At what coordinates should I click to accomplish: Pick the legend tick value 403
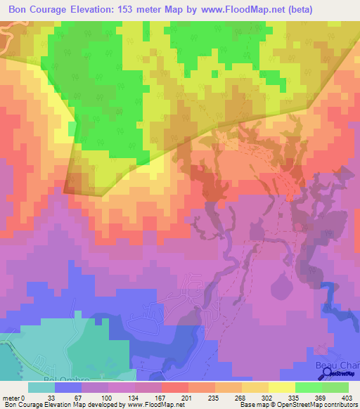tap(347, 397)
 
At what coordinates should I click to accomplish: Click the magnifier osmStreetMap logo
tap(328, 374)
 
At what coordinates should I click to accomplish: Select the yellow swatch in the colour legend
tap(281, 387)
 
